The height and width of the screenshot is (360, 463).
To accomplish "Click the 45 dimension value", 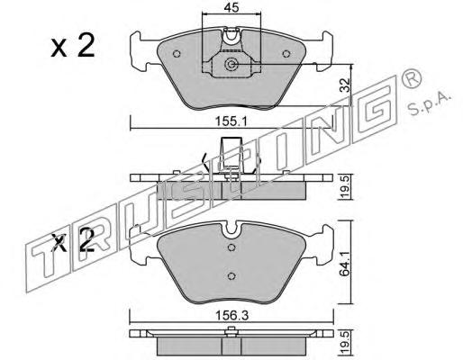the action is point(231,7).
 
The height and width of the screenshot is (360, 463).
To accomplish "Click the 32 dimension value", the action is point(346,85).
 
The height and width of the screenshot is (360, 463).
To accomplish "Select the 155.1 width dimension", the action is point(231,121).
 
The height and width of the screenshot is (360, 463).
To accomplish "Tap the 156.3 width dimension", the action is point(232,316).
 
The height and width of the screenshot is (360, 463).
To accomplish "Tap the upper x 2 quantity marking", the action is point(72,46).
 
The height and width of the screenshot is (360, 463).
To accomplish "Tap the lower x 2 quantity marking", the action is point(73,240).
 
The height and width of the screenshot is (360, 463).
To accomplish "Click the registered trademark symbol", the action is point(411,77).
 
